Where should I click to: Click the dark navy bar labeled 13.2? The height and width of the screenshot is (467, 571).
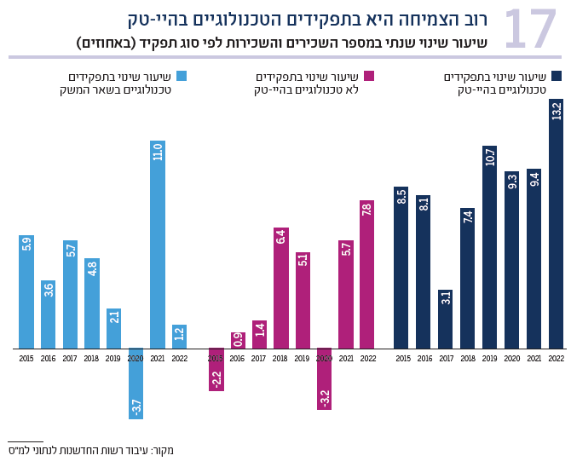557,223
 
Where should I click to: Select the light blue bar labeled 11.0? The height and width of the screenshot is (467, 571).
158,245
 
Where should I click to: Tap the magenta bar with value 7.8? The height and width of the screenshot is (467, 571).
366,274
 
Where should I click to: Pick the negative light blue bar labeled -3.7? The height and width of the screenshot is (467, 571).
136,383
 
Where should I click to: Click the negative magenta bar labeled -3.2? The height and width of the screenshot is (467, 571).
324,379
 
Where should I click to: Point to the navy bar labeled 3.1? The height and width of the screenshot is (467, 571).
445,319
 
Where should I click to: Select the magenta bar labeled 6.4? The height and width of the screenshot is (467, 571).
280,288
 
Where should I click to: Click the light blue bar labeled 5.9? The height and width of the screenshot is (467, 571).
26,292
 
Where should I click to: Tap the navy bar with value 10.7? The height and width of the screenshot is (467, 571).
489,247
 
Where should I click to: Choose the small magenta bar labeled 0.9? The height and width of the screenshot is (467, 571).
238,341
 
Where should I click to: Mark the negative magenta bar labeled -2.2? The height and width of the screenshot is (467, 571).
216,369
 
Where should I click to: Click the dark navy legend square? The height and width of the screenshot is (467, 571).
557,76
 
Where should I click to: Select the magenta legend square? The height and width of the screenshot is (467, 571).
369,76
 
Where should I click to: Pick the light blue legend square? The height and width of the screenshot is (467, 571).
181,76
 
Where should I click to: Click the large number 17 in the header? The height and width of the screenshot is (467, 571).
530,30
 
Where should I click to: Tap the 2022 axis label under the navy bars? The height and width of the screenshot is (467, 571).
557,359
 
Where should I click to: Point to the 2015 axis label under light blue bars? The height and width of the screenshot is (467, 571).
26,359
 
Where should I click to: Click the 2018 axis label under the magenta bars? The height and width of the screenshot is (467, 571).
280,359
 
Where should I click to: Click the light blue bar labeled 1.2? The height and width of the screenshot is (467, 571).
179,337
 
